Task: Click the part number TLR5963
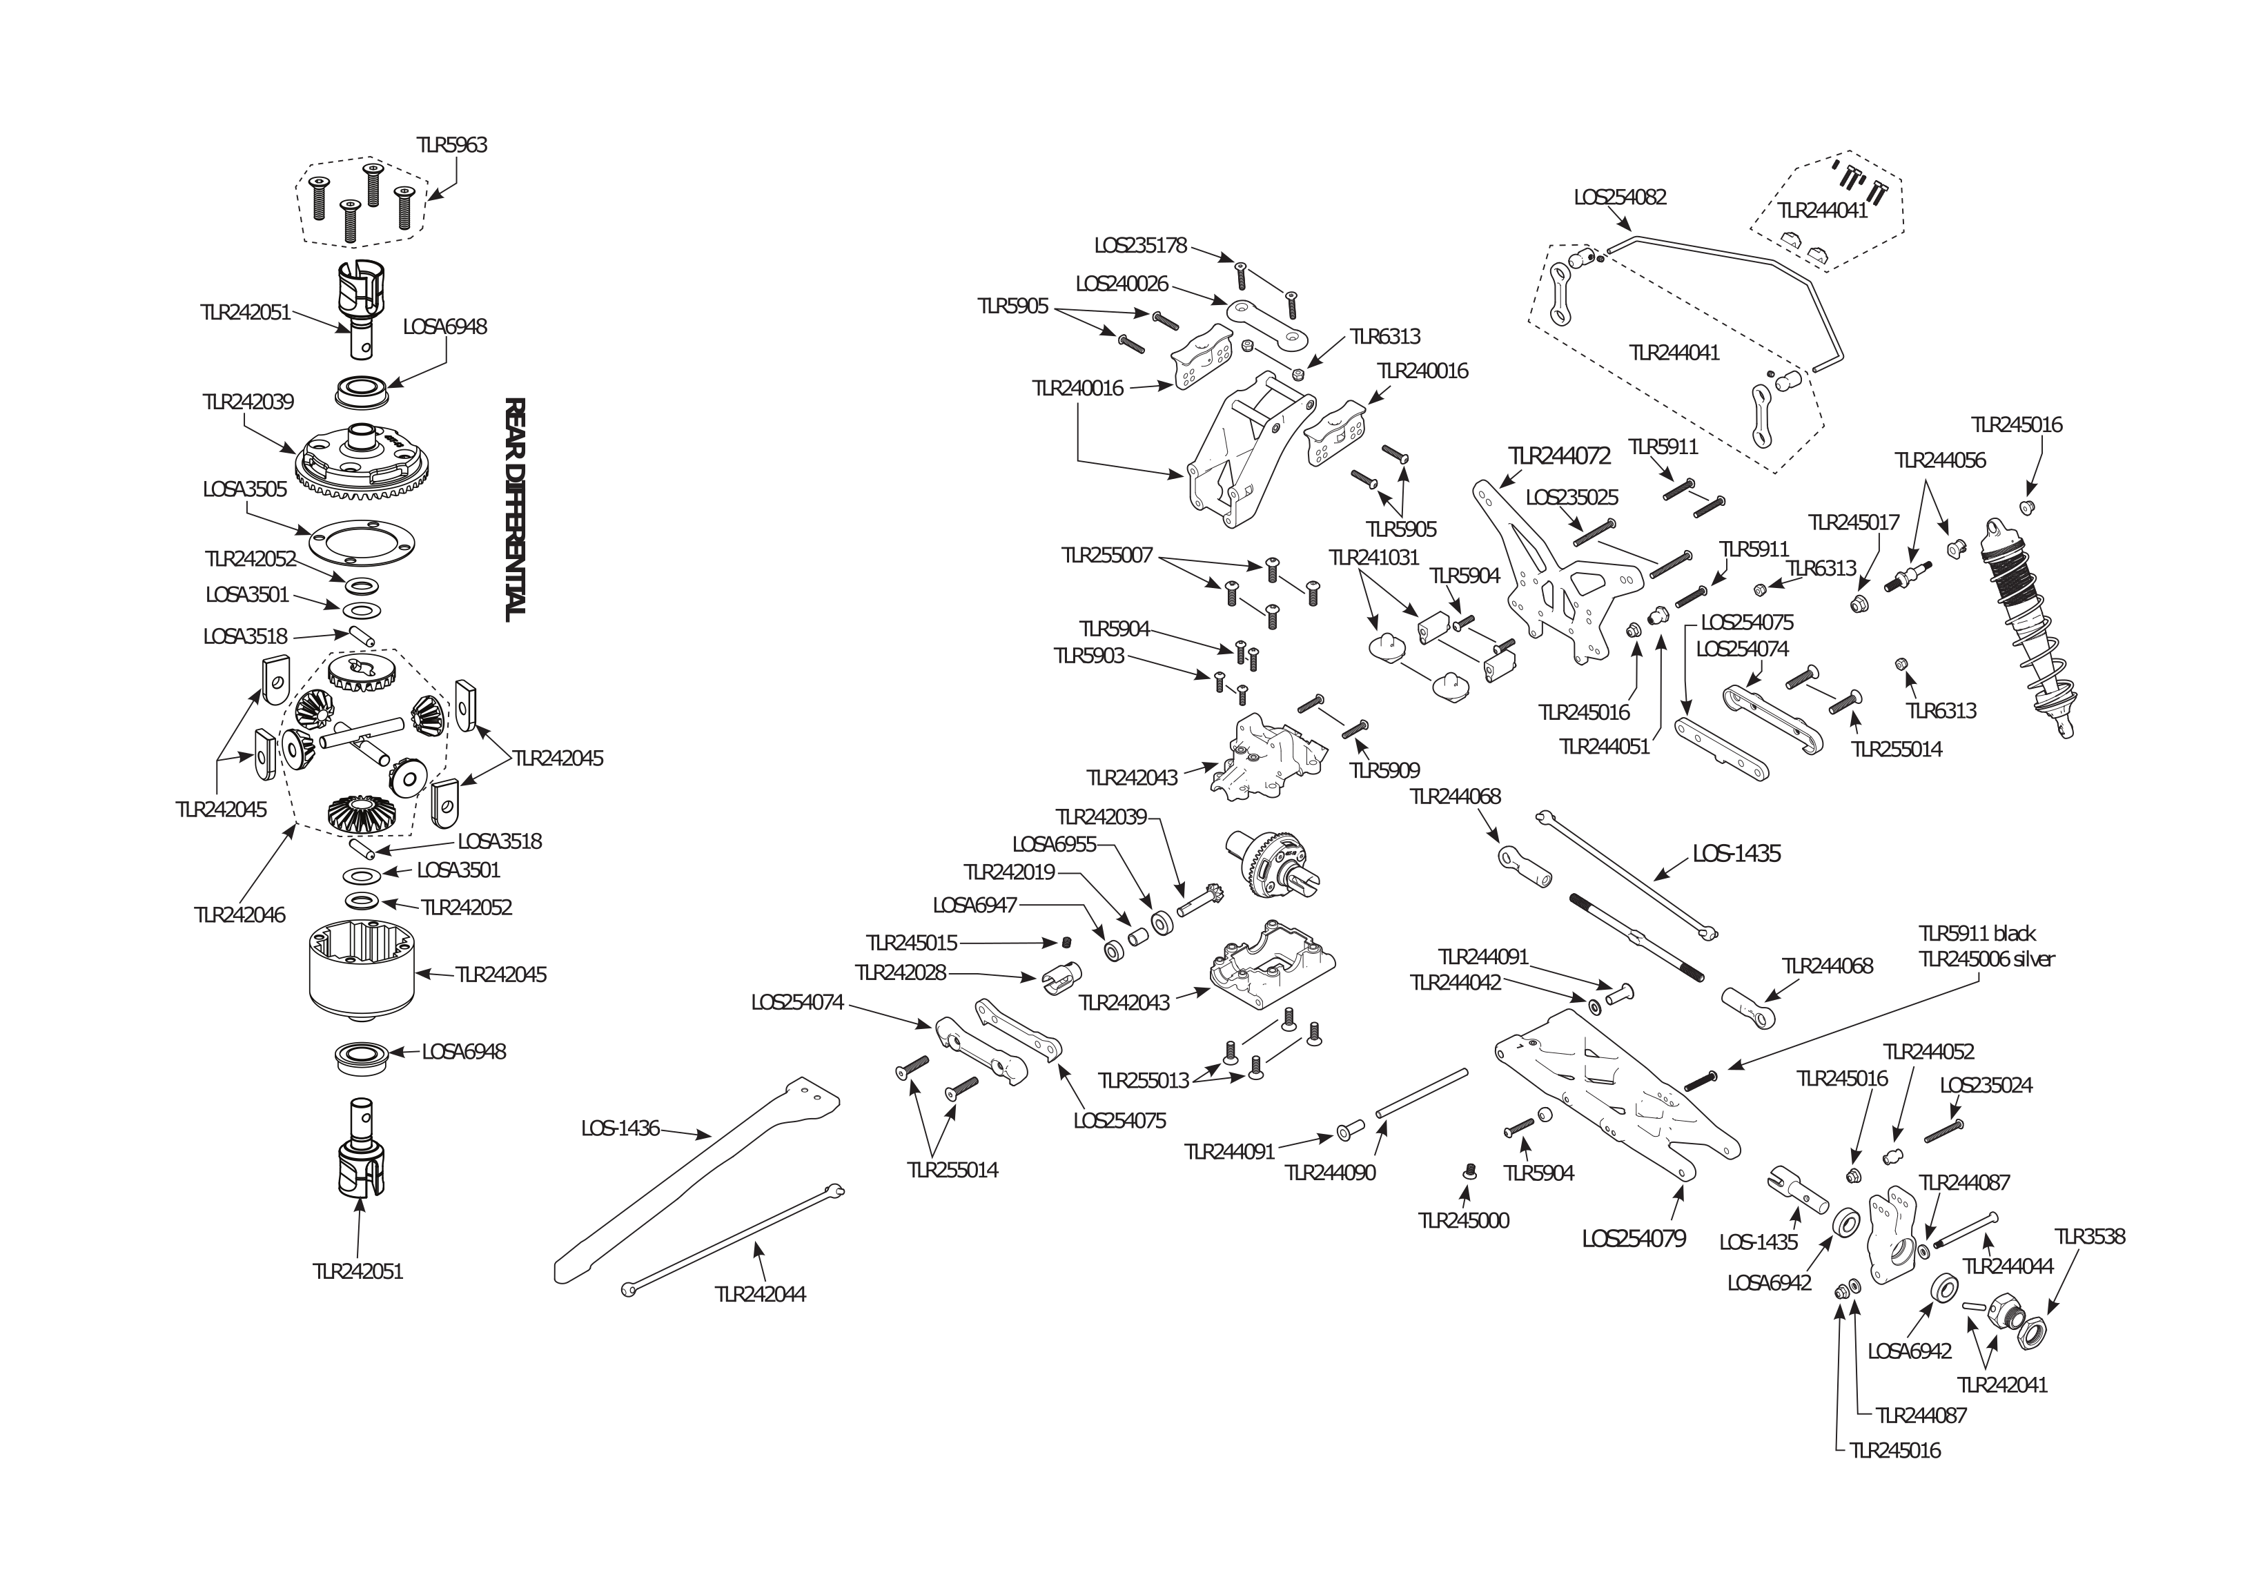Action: [451, 145]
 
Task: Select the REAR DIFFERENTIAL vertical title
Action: [515, 508]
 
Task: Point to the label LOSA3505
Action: [245, 489]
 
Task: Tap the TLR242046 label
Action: [239, 914]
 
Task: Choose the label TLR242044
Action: [760, 1294]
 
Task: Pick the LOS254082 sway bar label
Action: [1620, 197]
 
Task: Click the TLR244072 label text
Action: [1559, 456]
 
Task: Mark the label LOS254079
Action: [1634, 1239]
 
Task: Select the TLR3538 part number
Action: [2090, 1236]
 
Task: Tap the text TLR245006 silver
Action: [1986, 959]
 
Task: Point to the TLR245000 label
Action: [1463, 1220]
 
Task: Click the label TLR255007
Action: [1107, 555]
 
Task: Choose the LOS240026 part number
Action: [1121, 284]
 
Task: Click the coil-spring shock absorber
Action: [2027, 625]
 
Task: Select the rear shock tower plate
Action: [1554, 576]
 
